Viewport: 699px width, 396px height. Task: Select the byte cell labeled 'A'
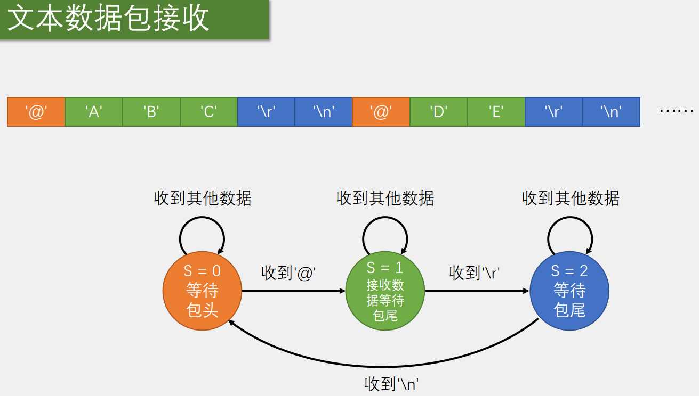(x=94, y=112)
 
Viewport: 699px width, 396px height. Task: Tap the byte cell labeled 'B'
(x=151, y=112)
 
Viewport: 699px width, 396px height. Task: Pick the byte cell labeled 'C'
(x=209, y=112)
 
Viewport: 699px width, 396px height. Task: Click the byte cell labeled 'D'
(x=439, y=112)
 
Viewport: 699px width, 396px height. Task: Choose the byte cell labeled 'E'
(x=496, y=112)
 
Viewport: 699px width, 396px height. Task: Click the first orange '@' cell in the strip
(x=36, y=112)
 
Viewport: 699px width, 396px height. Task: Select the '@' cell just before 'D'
(x=381, y=112)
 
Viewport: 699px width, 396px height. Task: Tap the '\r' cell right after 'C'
(x=266, y=112)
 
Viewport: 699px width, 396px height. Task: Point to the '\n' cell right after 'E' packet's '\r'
(x=611, y=112)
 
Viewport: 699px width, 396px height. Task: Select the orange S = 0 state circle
(x=202, y=291)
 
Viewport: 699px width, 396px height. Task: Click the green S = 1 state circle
(x=385, y=291)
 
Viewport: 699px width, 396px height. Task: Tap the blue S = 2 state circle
(x=569, y=291)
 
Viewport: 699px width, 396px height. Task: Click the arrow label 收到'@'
(x=289, y=273)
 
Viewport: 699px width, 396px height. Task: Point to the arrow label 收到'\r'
(x=474, y=273)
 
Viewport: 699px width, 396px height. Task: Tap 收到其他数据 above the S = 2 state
(x=571, y=199)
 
